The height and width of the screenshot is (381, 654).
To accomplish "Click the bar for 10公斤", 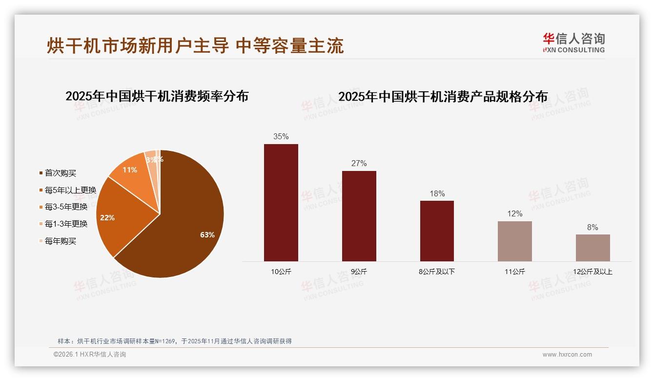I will click(x=281, y=203).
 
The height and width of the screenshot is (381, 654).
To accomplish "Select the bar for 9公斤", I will click(x=359, y=216).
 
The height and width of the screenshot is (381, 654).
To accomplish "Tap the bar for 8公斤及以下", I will click(x=437, y=231).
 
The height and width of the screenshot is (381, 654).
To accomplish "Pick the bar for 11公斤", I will click(x=514, y=241).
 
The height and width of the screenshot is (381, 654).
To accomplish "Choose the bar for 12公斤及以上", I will click(x=593, y=248).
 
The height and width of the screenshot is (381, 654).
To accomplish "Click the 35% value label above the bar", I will click(x=281, y=137).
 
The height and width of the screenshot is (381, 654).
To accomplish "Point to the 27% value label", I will click(x=359, y=163).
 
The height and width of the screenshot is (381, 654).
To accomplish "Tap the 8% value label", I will click(x=593, y=227).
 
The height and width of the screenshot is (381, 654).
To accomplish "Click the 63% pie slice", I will click(x=185, y=230).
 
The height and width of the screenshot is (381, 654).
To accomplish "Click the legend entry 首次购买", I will click(x=60, y=173).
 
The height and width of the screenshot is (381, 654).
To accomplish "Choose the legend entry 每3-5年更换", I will click(x=66, y=207).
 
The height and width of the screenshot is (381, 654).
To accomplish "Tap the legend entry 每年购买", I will click(x=60, y=241).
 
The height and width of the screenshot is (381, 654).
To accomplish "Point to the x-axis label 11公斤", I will click(x=514, y=272).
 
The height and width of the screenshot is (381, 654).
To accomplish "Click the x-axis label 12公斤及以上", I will click(x=593, y=272).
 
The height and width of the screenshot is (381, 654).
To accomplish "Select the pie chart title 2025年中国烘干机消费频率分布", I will click(x=157, y=96).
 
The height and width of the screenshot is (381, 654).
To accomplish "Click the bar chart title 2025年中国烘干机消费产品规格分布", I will click(x=443, y=97).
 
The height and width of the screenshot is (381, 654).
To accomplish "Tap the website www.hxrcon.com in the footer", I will click(x=567, y=355).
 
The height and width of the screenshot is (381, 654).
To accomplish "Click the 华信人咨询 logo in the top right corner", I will click(x=573, y=42).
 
